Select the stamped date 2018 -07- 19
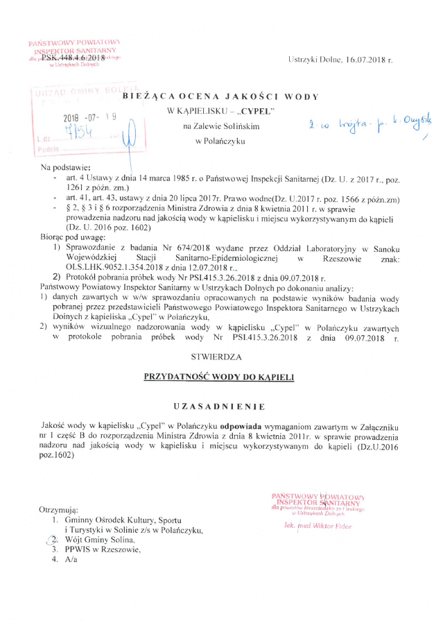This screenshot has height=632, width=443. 94,118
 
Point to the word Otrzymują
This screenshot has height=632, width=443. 59,511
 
